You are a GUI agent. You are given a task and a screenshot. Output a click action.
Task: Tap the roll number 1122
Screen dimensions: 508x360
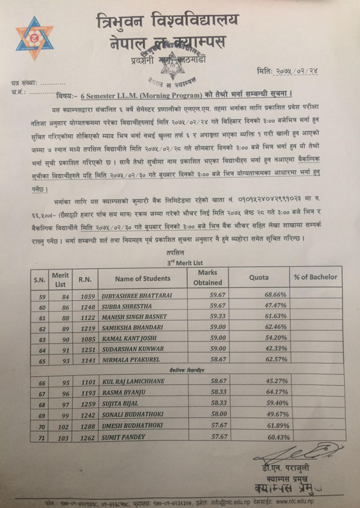(87, 318)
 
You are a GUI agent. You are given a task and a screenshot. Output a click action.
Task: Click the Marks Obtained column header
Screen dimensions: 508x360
(208, 278)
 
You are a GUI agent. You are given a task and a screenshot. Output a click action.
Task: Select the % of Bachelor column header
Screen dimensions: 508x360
(315, 277)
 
